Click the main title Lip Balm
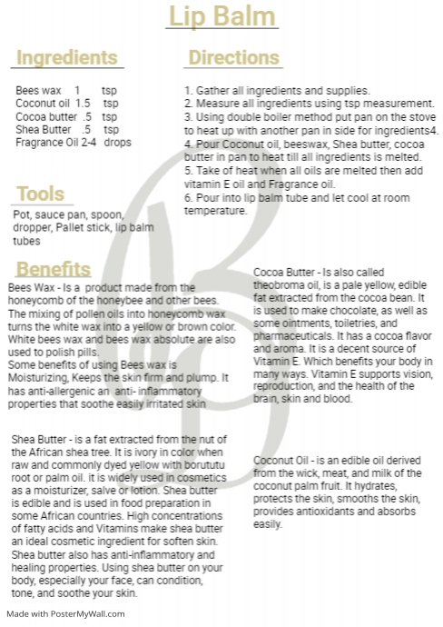click(221, 17)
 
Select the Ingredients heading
click(66, 59)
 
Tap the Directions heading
click(233, 59)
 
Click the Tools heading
click(40, 194)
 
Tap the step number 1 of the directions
click(187, 91)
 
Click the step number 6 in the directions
click(187, 198)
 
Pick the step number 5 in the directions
click(187, 170)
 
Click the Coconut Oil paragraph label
click(281, 460)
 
